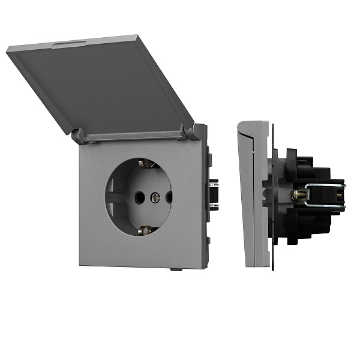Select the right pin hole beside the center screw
(169, 196)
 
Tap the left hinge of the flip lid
(78, 136)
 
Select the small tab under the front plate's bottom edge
(176, 269)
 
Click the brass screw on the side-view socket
(296, 194)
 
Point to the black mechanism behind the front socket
(212, 192)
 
